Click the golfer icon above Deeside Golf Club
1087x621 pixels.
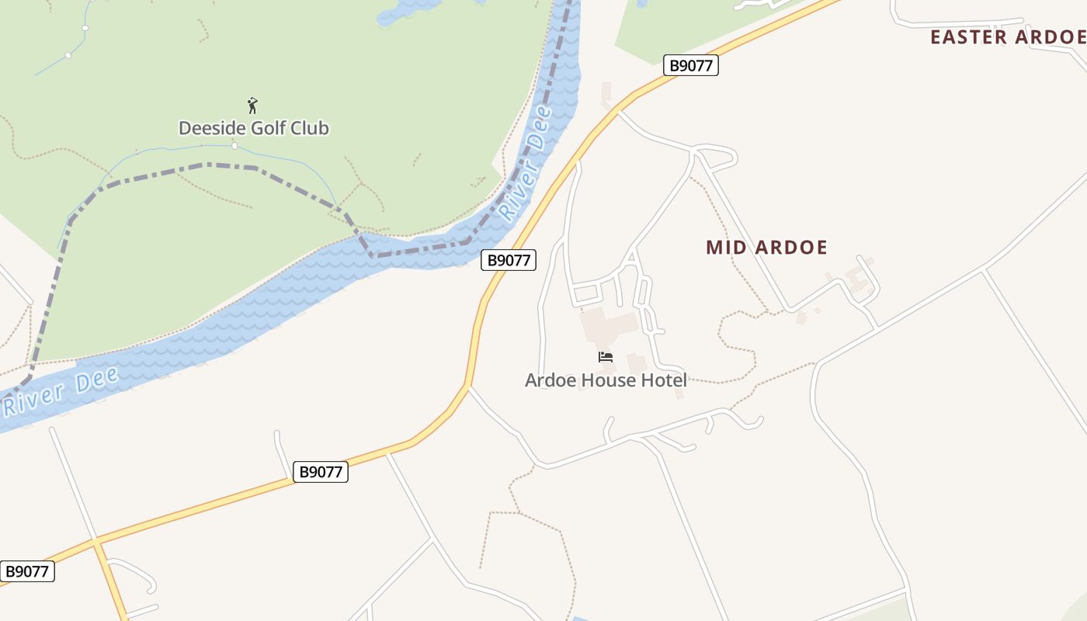252,106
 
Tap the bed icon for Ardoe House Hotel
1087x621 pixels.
606,357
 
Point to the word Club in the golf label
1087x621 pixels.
310,128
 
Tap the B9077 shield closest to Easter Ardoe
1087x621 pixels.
690,65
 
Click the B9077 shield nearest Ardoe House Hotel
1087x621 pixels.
509,260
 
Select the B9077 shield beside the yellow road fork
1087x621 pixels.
27,572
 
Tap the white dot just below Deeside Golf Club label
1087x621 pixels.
234,145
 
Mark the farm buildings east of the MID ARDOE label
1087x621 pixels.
858,279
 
